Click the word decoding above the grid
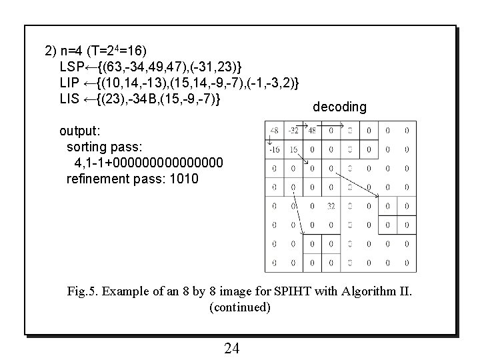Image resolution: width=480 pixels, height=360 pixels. (339, 107)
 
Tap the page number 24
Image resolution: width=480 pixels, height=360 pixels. (232, 348)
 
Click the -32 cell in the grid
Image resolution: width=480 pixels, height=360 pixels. (293, 131)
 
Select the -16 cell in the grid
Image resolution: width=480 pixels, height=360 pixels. (274, 149)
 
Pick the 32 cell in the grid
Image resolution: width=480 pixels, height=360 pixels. (331, 206)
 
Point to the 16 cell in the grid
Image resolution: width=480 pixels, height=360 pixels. (293, 149)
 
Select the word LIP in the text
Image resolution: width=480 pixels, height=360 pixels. (71, 83)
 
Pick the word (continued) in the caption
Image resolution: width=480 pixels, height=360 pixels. (240, 307)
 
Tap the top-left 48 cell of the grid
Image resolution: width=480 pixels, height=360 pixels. (274, 131)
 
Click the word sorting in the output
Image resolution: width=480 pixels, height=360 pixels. (87, 147)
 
